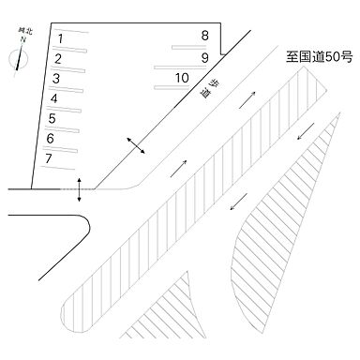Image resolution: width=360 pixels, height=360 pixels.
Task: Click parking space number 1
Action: [60, 38]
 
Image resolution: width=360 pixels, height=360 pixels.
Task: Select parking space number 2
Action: [57, 58]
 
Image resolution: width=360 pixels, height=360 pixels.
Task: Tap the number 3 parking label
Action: [56, 78]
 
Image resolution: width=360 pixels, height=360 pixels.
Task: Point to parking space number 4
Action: [53, 98]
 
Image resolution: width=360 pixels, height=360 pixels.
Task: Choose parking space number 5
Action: [52, 118]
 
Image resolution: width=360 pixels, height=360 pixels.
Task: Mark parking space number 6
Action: [50, 139]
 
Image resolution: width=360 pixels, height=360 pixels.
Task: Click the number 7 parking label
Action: [48, 158]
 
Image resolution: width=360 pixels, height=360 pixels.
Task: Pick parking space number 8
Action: [205, 37]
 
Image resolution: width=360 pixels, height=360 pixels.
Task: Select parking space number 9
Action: [204, 57]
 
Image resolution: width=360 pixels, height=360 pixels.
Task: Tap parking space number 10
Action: [183, 77]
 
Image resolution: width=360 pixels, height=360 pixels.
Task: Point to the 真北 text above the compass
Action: [21, 32]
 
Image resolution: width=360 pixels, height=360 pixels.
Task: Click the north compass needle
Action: [18, 60]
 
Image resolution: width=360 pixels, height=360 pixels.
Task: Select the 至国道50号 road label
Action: [318, 57]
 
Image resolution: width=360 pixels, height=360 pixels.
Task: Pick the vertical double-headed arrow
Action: [79, 188]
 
